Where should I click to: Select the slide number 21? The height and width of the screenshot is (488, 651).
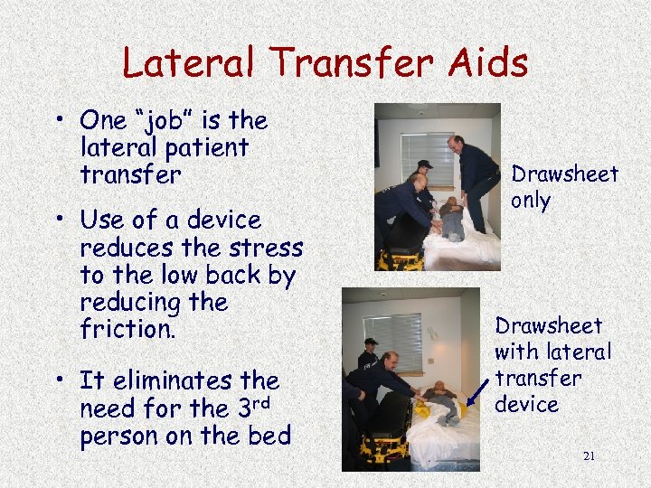[589, 455]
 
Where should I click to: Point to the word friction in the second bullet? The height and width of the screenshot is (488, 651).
[127, 329]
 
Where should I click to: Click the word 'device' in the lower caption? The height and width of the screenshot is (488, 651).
[526, 404]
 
